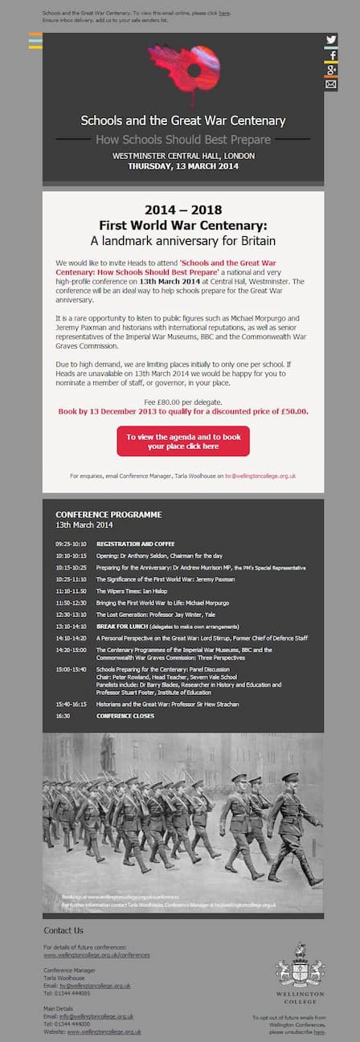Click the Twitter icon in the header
click(x=331, y=40)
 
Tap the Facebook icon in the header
click(x=331, y=55)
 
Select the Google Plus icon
click(x=331, y=70)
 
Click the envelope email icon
click(x=331, y=84)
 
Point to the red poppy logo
click(x=184, y=67)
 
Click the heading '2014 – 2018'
click(x=183, y=210)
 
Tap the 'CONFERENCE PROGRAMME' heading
click(x=108, y=514)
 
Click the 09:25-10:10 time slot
click(x=71, y=544)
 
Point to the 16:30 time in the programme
click(x=63, y=716)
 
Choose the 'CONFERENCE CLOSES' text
click(x=125, y=716)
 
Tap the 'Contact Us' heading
click(x=63, y=930)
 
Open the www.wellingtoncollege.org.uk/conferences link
click(x=96, y=955)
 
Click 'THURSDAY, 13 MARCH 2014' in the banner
click(x=183, y=166)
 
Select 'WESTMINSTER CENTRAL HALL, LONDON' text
click(x=183, y=156)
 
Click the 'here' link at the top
click(x=223, y=14)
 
